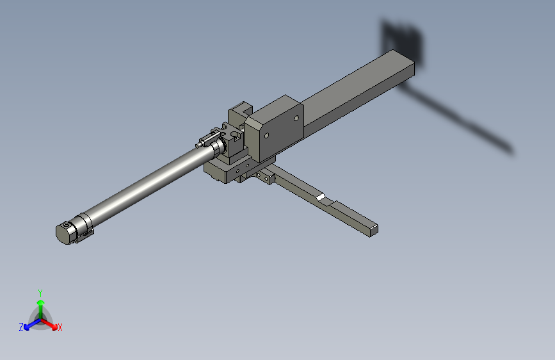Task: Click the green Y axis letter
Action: [x=40, y=292]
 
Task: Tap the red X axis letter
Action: [x=60, y=328]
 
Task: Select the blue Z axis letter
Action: [x=21, y=327]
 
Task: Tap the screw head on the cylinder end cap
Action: [x=67, y=226]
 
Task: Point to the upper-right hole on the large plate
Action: [x=296, y=118]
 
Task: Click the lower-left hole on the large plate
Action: [x=266, y=135]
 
